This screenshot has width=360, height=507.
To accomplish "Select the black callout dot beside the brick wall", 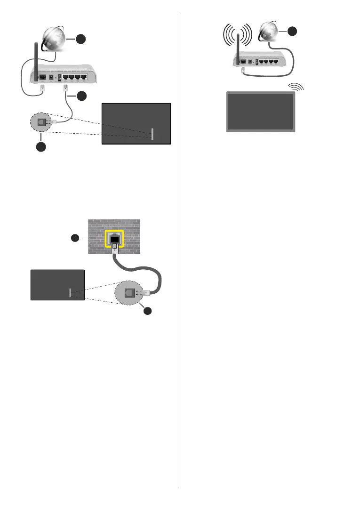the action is [75, 238].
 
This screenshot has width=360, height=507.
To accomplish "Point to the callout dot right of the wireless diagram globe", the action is [293, 31].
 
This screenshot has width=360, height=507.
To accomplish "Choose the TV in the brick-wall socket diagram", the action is [57, 285].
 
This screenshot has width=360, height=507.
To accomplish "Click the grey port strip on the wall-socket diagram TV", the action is [70, 293].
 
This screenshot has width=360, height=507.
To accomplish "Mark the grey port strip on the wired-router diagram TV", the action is [152, 133].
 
